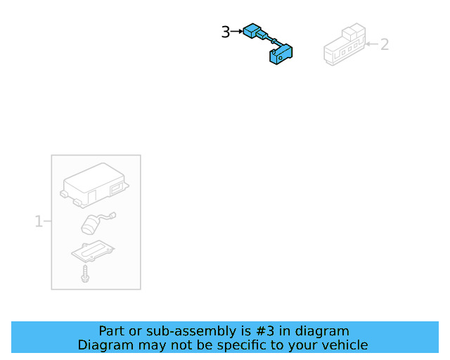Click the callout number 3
tap(225, 32)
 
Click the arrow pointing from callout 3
tap(236, 32)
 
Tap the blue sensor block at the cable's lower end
tap(281, 55)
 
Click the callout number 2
tap(385, 44)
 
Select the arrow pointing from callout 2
tap(373, 44)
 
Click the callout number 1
tap(39, 222)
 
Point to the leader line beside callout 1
tap(47, 222)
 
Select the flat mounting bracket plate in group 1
tap(93, 251)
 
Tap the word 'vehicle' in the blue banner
tap(345, 345)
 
